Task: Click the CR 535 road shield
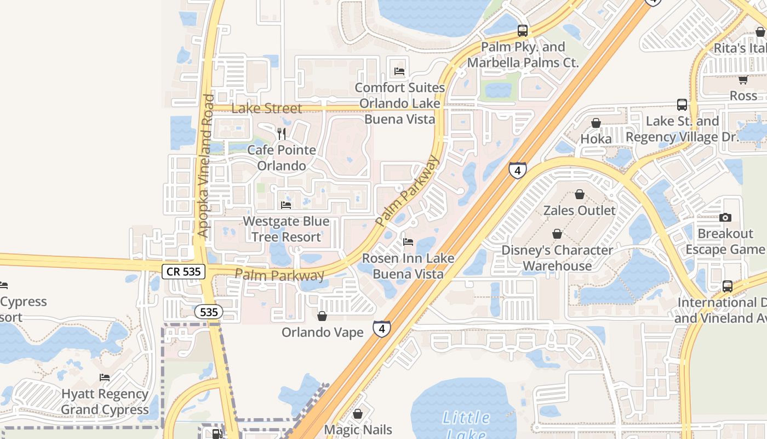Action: click(184, 271)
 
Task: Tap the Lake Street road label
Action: click(266, 108)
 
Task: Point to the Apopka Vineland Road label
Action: click(205, 166)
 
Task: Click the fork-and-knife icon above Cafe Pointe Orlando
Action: click(282, 133)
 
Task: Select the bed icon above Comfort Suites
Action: click(399, 71)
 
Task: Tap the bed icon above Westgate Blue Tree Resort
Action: click(286, 205)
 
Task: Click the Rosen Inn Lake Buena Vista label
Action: click(408, 266)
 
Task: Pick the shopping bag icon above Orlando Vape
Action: click(322, 316)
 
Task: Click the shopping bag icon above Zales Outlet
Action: click(579, 194)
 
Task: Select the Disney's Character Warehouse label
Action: click(557, 258)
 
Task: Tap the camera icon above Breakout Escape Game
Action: click(725, 217)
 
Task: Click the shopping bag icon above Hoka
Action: click(596, 122)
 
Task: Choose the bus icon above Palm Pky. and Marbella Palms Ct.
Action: click(522, 31)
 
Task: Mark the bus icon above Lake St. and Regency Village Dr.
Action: click(682, 105)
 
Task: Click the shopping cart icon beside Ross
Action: click(743, 80)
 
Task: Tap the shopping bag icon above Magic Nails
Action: click(358, 414)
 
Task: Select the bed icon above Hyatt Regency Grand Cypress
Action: click(105, 378)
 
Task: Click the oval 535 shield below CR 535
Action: click(209, 312)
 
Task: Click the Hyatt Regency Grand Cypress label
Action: click(105, 402)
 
